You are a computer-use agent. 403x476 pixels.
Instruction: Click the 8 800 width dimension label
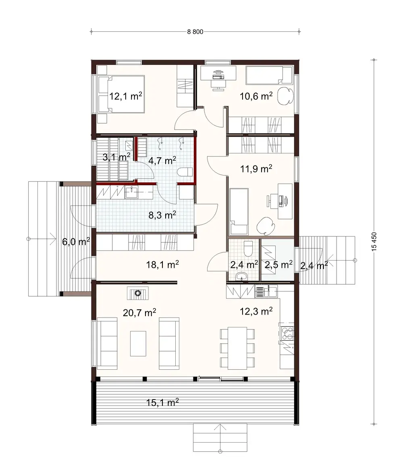[x=195, y=33]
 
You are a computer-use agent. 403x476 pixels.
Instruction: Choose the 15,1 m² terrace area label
[x=162, y=402]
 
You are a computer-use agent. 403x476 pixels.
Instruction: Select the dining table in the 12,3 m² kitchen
[x=237, y=348]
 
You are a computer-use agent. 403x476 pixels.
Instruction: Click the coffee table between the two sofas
[x=138, y=343]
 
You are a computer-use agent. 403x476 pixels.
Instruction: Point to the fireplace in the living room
[x=138, y=293]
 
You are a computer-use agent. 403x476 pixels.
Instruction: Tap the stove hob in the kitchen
[x=288, y=332]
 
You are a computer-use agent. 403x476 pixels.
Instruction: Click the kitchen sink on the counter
[x=266, y=291]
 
